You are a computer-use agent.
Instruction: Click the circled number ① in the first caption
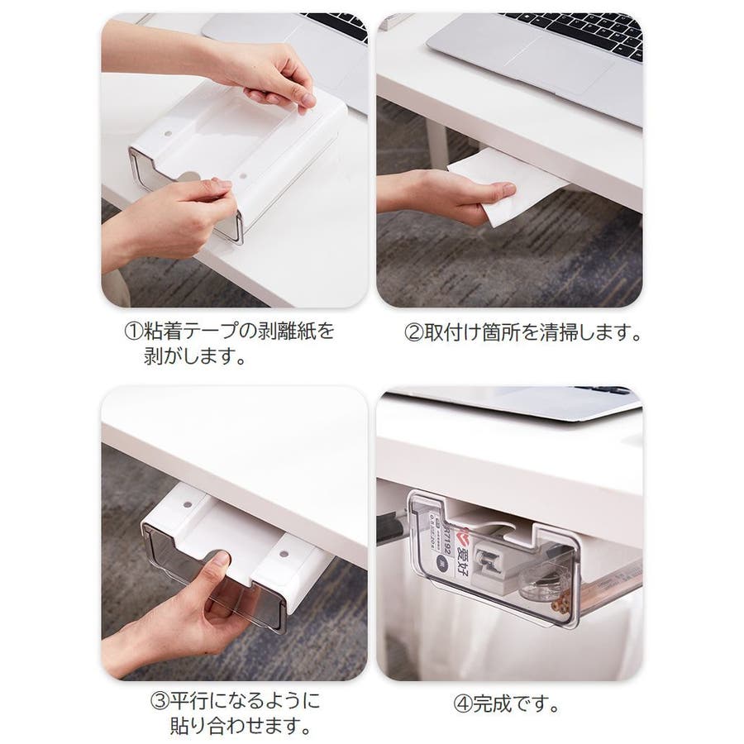pyautogui.click(x=133, y=331)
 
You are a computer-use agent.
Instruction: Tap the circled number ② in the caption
pyautogui.click(x=413, y=332)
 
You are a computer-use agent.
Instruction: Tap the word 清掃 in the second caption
pyautogui.click(x=560, y=332)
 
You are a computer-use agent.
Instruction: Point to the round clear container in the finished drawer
pyautogui.click(x=541, y=584)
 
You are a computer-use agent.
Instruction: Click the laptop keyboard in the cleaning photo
pyautogui.click(x=579, y=33)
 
